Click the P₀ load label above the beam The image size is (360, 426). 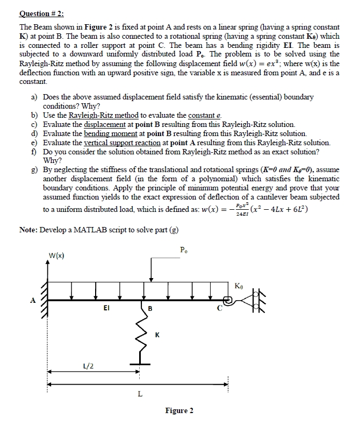point(183,249)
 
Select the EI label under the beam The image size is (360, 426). point(107,308)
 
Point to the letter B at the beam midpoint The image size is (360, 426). point(150,309)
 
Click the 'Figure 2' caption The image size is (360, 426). point(179,410)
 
